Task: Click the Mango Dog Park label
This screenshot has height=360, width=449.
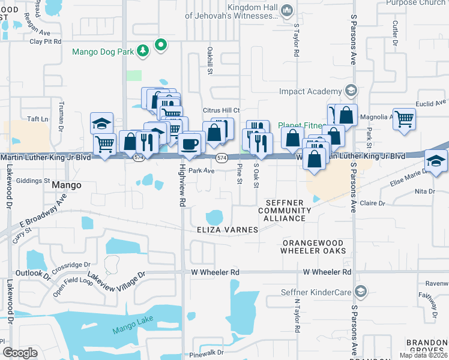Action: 103,52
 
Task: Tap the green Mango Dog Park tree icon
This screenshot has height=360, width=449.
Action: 143,52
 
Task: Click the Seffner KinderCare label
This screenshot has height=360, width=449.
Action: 316,292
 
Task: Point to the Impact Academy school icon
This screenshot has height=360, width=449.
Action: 351,91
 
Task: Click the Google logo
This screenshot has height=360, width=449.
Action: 20,353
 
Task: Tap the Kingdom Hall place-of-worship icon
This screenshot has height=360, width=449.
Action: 287,10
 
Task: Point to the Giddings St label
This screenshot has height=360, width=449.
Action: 33,180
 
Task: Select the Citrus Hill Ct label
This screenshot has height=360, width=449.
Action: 221,110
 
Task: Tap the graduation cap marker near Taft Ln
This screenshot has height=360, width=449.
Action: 101,124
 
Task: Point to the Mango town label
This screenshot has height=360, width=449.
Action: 66,185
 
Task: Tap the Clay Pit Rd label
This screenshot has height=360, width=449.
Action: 46,41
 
